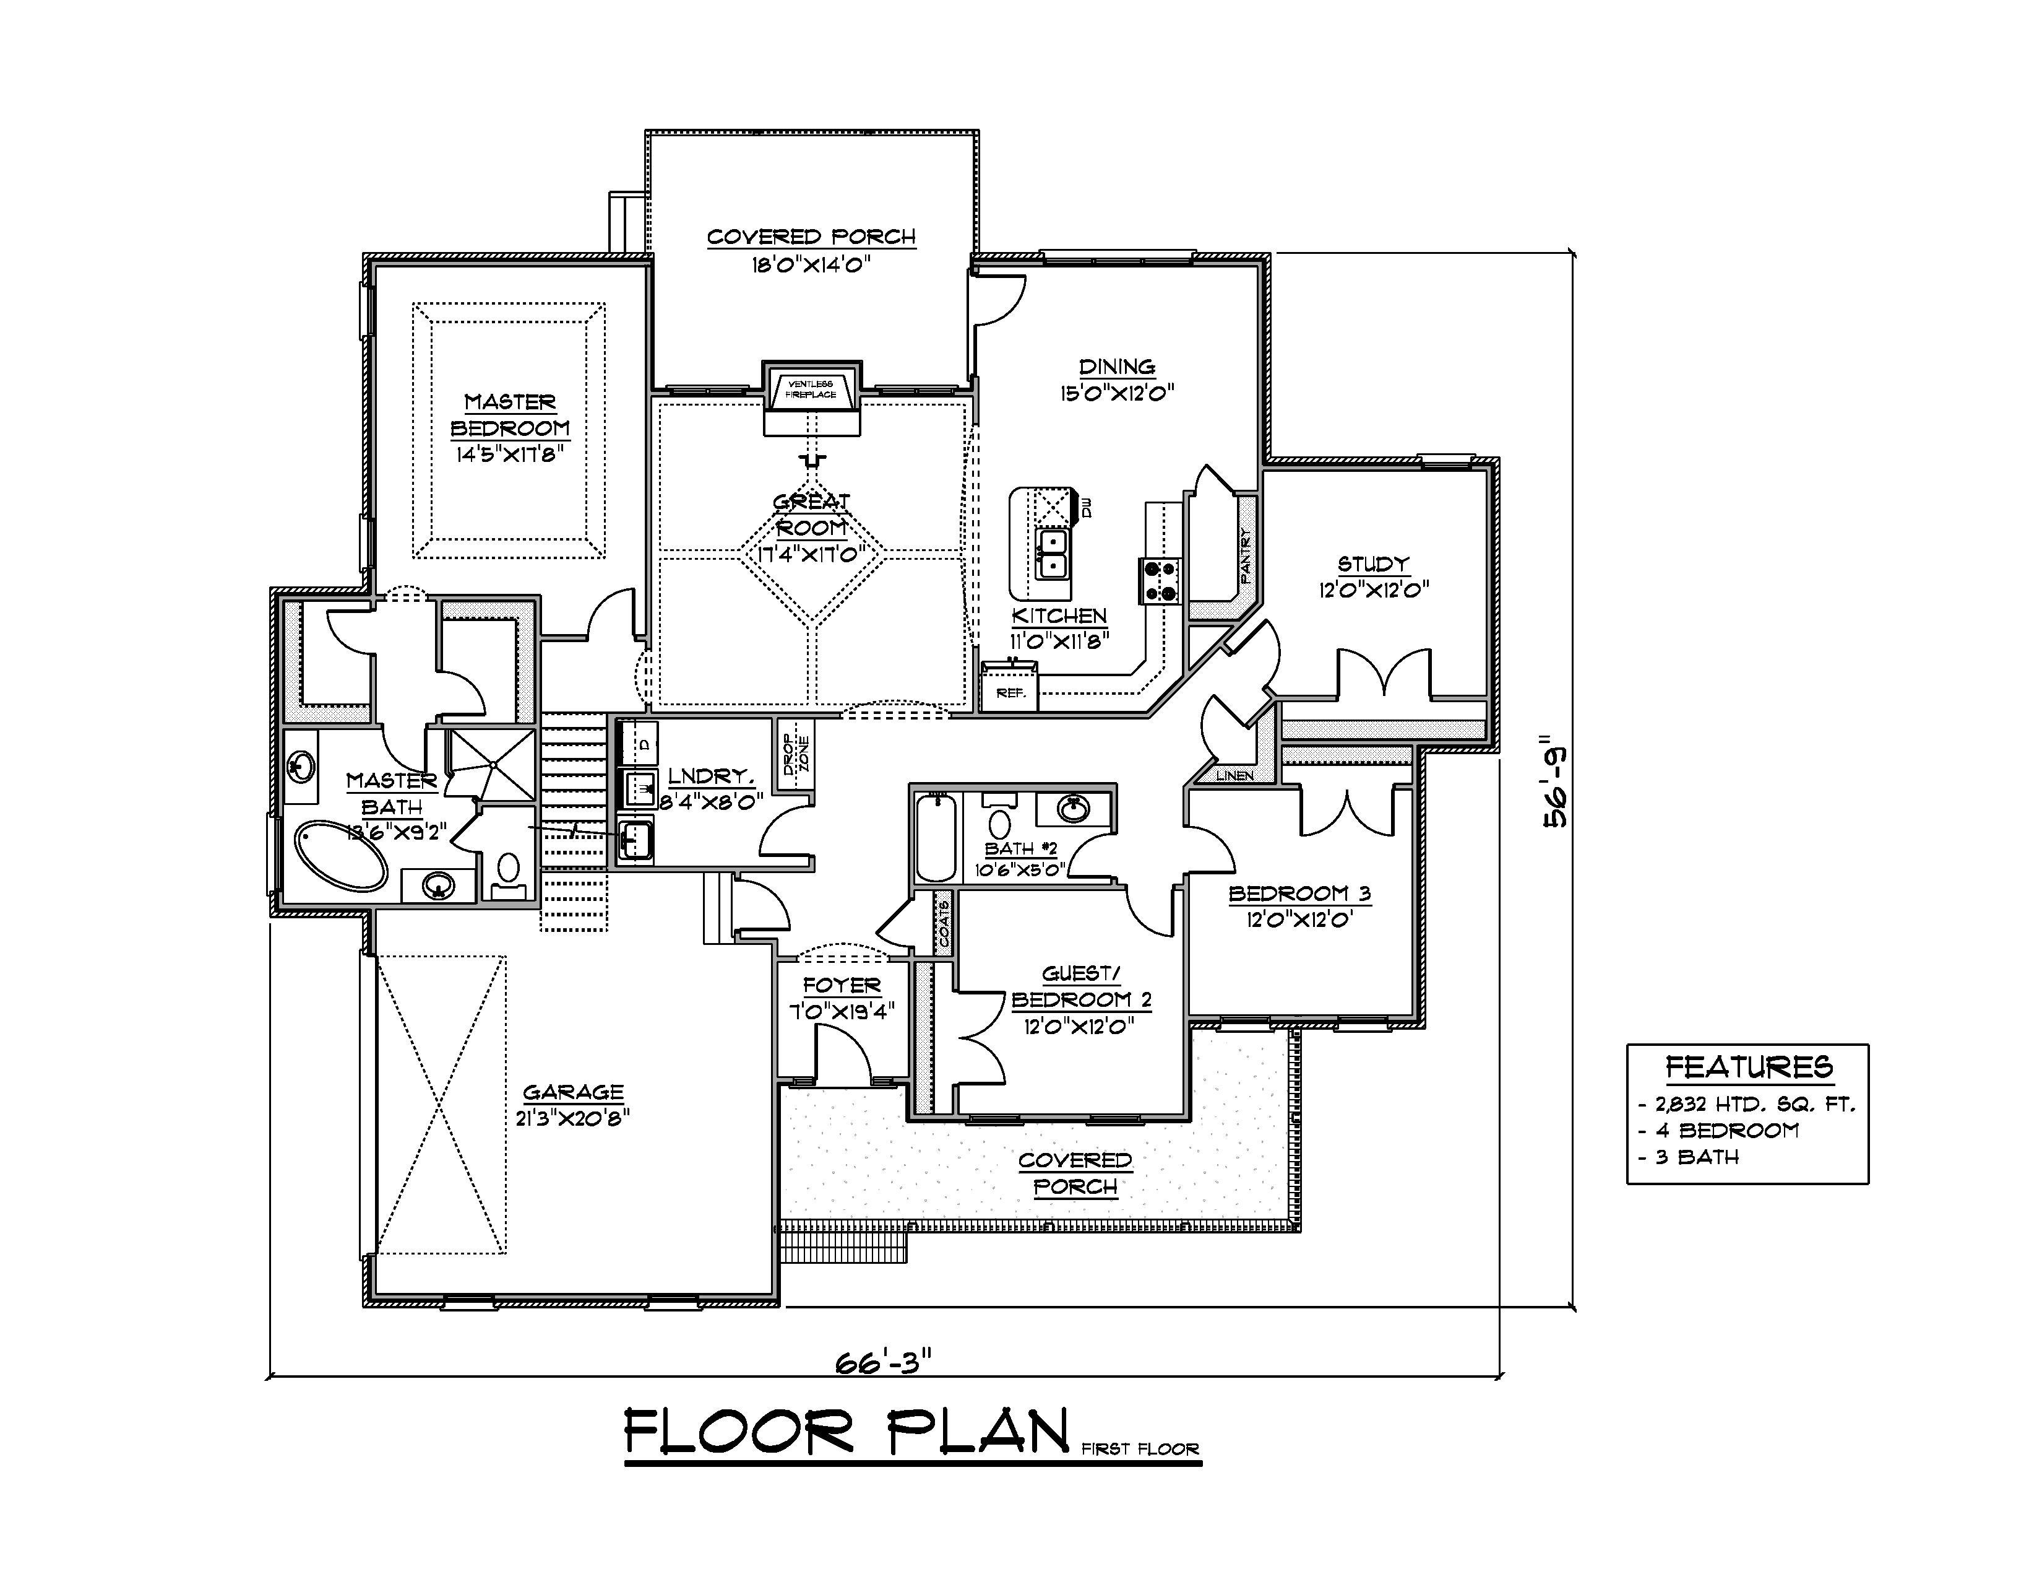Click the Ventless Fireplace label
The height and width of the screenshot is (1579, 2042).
(x=811, y=389)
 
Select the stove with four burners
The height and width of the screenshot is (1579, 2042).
(x=1160, y=580)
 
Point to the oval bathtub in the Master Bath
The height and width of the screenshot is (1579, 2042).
(x=342, y=856)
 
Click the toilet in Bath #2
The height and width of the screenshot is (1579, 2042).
(x=999, y=824)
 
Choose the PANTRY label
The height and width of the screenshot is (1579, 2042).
(x=1246, y=555)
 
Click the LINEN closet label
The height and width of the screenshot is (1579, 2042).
(x=1234, y=775)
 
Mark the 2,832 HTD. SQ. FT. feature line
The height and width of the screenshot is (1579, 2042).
(x=1747, y=1105)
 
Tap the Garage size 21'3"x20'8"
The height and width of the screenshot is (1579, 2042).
(x=572, y=1117)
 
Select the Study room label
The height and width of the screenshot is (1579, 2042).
(x=1372, y=564)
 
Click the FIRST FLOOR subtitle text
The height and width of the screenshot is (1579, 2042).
(x=1140, y=1449)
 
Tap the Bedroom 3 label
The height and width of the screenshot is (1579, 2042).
(x=1299, y=894)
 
